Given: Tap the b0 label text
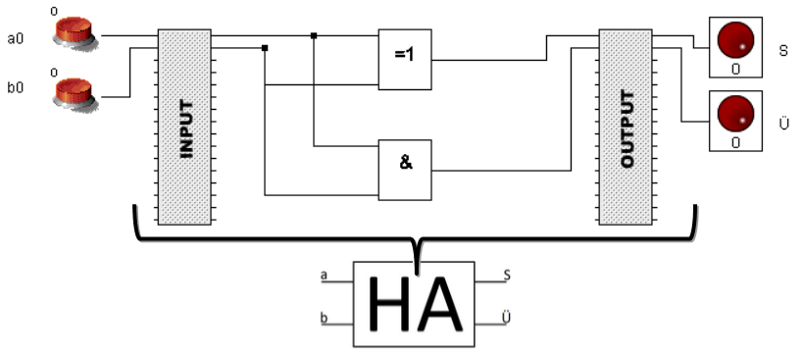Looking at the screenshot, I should [x=15, y=88].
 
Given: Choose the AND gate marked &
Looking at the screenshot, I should [x=405, y=164].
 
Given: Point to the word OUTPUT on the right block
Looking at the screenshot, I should [x=626, y=128].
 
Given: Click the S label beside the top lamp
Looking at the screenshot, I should [x=782, y=51].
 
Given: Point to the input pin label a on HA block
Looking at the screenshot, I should [x=324, y=276].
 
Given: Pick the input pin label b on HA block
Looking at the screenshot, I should [x=324, y=316].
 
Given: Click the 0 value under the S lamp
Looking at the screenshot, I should [x=734, y=70].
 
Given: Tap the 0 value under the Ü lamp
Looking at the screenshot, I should [x=734, y=143].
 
